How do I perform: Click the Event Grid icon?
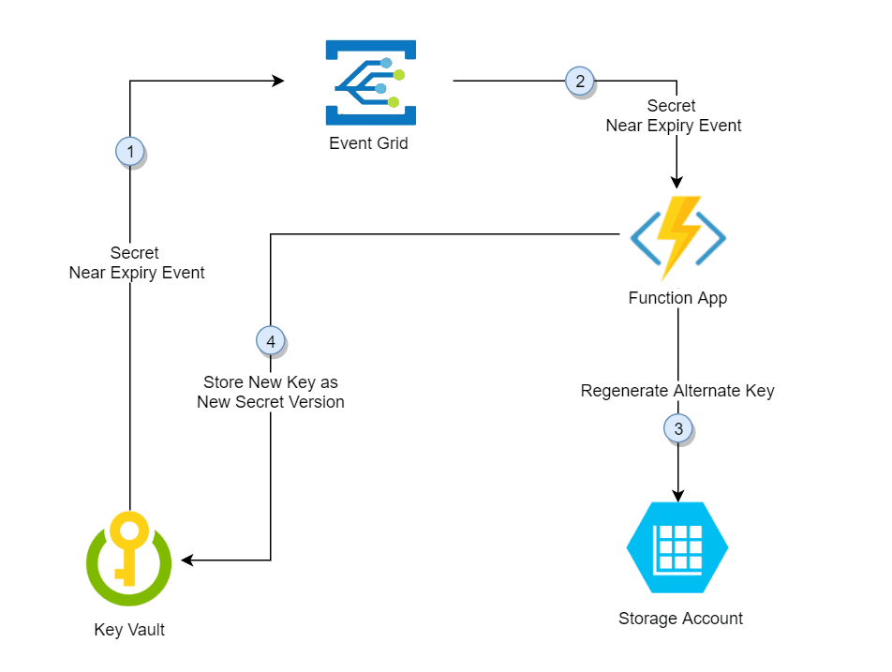[370, 82]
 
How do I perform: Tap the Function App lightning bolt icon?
[677, 238]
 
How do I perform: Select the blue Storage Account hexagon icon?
[676, 548]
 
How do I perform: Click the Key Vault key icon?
[128, 561]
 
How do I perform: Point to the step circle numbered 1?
[130, 151]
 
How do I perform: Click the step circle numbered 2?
[580, 82]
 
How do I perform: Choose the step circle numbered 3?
[678, 429]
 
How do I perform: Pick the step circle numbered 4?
[271, 341]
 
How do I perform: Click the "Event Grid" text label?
[368, 144]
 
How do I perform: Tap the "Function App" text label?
[677, 299]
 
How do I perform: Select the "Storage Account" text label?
[680, 619]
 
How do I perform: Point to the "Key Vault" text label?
[129, 630]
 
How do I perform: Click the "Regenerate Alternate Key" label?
[677, 391]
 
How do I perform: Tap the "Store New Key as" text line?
[271, 382]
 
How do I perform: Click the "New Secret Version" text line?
[271, 402]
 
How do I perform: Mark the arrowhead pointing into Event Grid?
[278, 82]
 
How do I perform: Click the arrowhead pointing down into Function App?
[677, 184]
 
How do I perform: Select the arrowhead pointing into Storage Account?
[677, 496]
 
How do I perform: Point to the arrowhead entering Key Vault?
[187, 560]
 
